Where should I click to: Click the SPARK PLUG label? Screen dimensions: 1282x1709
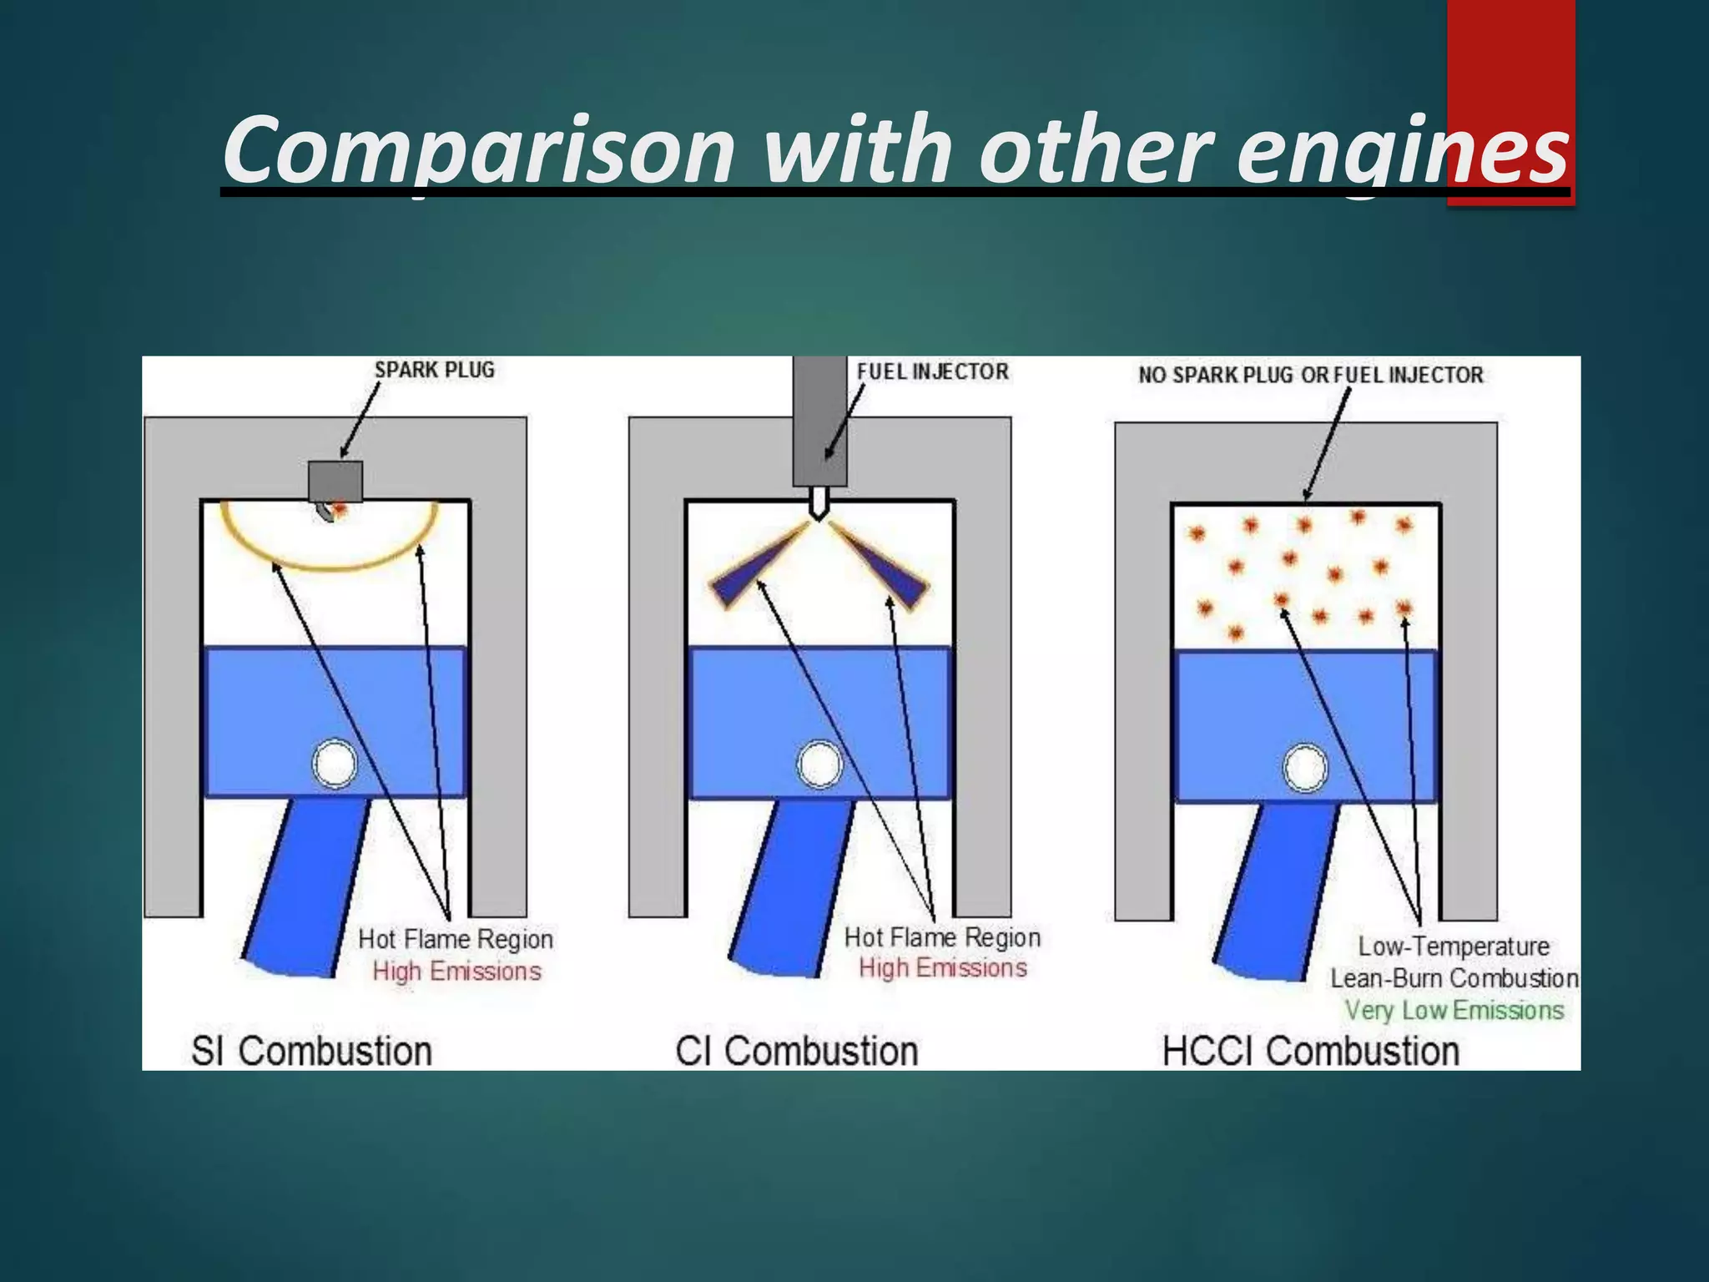pos(434,370)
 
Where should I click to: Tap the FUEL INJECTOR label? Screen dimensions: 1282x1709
pos(932,371)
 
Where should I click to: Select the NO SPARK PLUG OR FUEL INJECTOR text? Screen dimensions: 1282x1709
pos(1311,375)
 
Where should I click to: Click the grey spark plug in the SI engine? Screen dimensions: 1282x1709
pos(335,480)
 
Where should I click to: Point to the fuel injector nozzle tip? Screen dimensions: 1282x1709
pos(819,506)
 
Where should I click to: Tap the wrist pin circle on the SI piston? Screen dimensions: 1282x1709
pos(335,764)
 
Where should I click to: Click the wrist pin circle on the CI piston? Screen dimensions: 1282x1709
pos(819,765)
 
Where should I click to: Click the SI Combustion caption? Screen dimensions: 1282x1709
pos(311,1051)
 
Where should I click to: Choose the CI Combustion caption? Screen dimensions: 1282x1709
pos(797,1051)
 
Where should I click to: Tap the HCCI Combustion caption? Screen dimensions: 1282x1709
pos(1311,1051)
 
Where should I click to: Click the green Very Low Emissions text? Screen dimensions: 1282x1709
pos(1454,1011)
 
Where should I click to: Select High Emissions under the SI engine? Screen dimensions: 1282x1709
pos(456,972)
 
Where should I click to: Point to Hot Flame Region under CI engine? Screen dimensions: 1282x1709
pos(942,937)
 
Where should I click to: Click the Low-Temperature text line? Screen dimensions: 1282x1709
pos(1454,946)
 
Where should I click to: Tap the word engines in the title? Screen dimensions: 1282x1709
pos(1402,150)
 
